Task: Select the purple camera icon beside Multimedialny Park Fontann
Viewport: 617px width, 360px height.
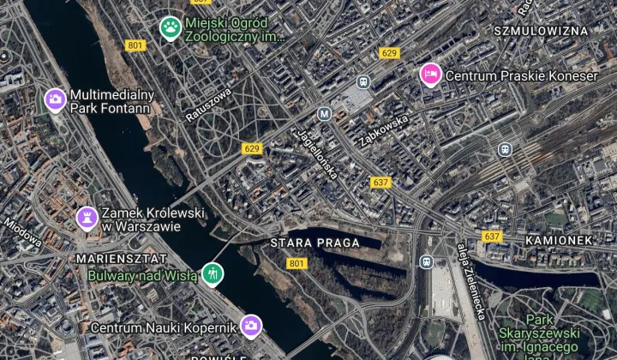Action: click(56, 100)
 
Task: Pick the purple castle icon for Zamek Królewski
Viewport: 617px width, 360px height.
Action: click(87, 219)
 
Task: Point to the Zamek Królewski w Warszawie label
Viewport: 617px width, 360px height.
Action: click(141, 219)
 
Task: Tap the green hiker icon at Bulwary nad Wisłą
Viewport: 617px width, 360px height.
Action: click(213, 275)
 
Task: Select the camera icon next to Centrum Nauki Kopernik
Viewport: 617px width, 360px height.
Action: click(251, 325)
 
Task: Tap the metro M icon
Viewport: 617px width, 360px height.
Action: click(324, 113)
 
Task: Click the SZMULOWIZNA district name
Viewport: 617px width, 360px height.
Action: click(545, 30)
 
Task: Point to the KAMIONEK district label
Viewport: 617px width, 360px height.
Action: click(558, 241)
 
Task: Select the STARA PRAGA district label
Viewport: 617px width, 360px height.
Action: click(314, 243)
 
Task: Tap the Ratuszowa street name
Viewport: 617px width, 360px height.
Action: click(208, 102)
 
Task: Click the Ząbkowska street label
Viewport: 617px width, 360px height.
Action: click(381, 125)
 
